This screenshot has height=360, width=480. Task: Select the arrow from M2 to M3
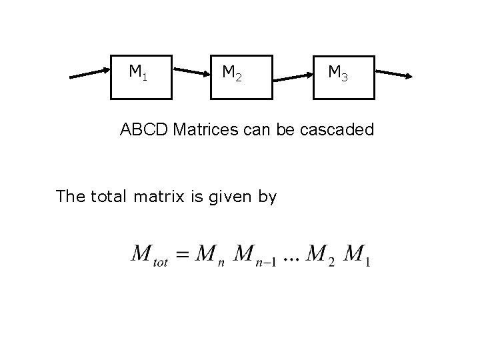[x=293, y=77]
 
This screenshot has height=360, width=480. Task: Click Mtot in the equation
[x=150, y=255]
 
